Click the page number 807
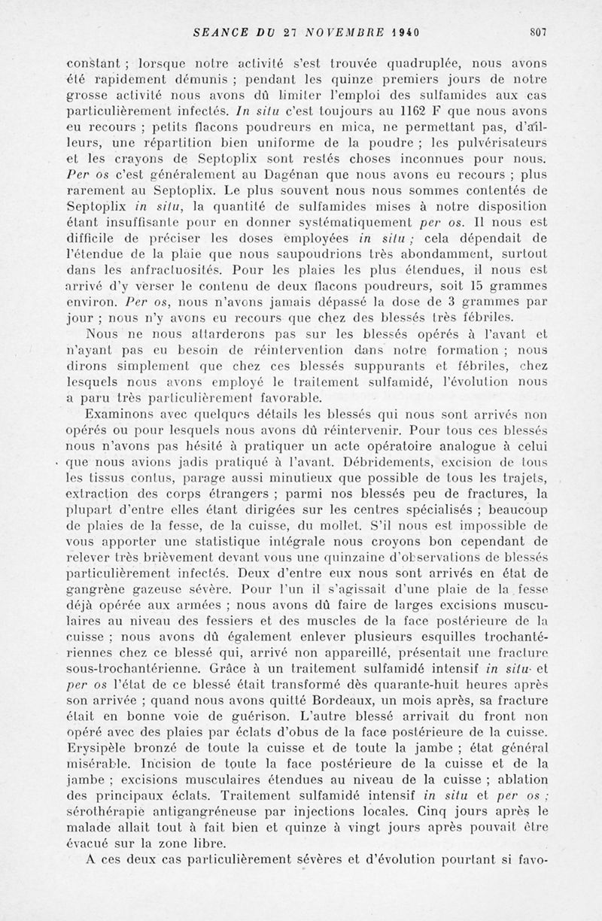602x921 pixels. point(537,32)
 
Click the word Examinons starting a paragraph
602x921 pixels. point(122,414)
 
